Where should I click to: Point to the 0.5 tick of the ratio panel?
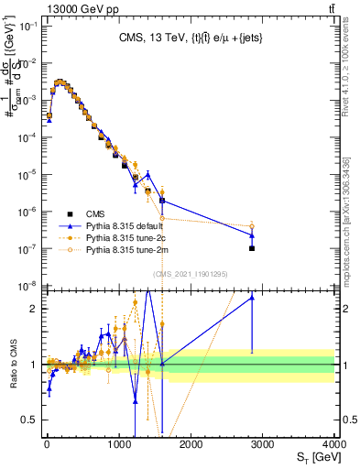coord(30,420)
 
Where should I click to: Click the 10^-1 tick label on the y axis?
coord(29,26)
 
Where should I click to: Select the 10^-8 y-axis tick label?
coord(29,286)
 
